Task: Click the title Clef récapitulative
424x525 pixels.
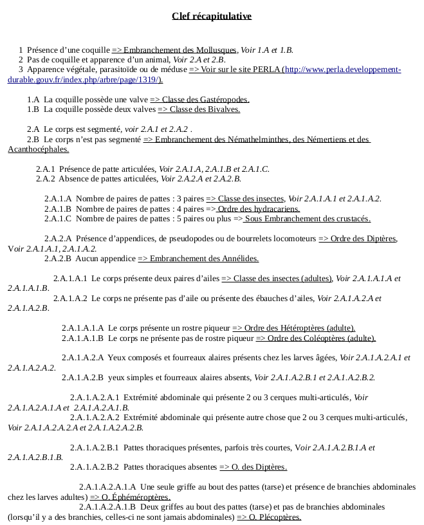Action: click(x=212, y=16)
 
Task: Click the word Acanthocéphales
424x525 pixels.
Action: click(x=38, y=149)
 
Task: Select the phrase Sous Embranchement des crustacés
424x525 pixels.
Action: click(x=309, y=219)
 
